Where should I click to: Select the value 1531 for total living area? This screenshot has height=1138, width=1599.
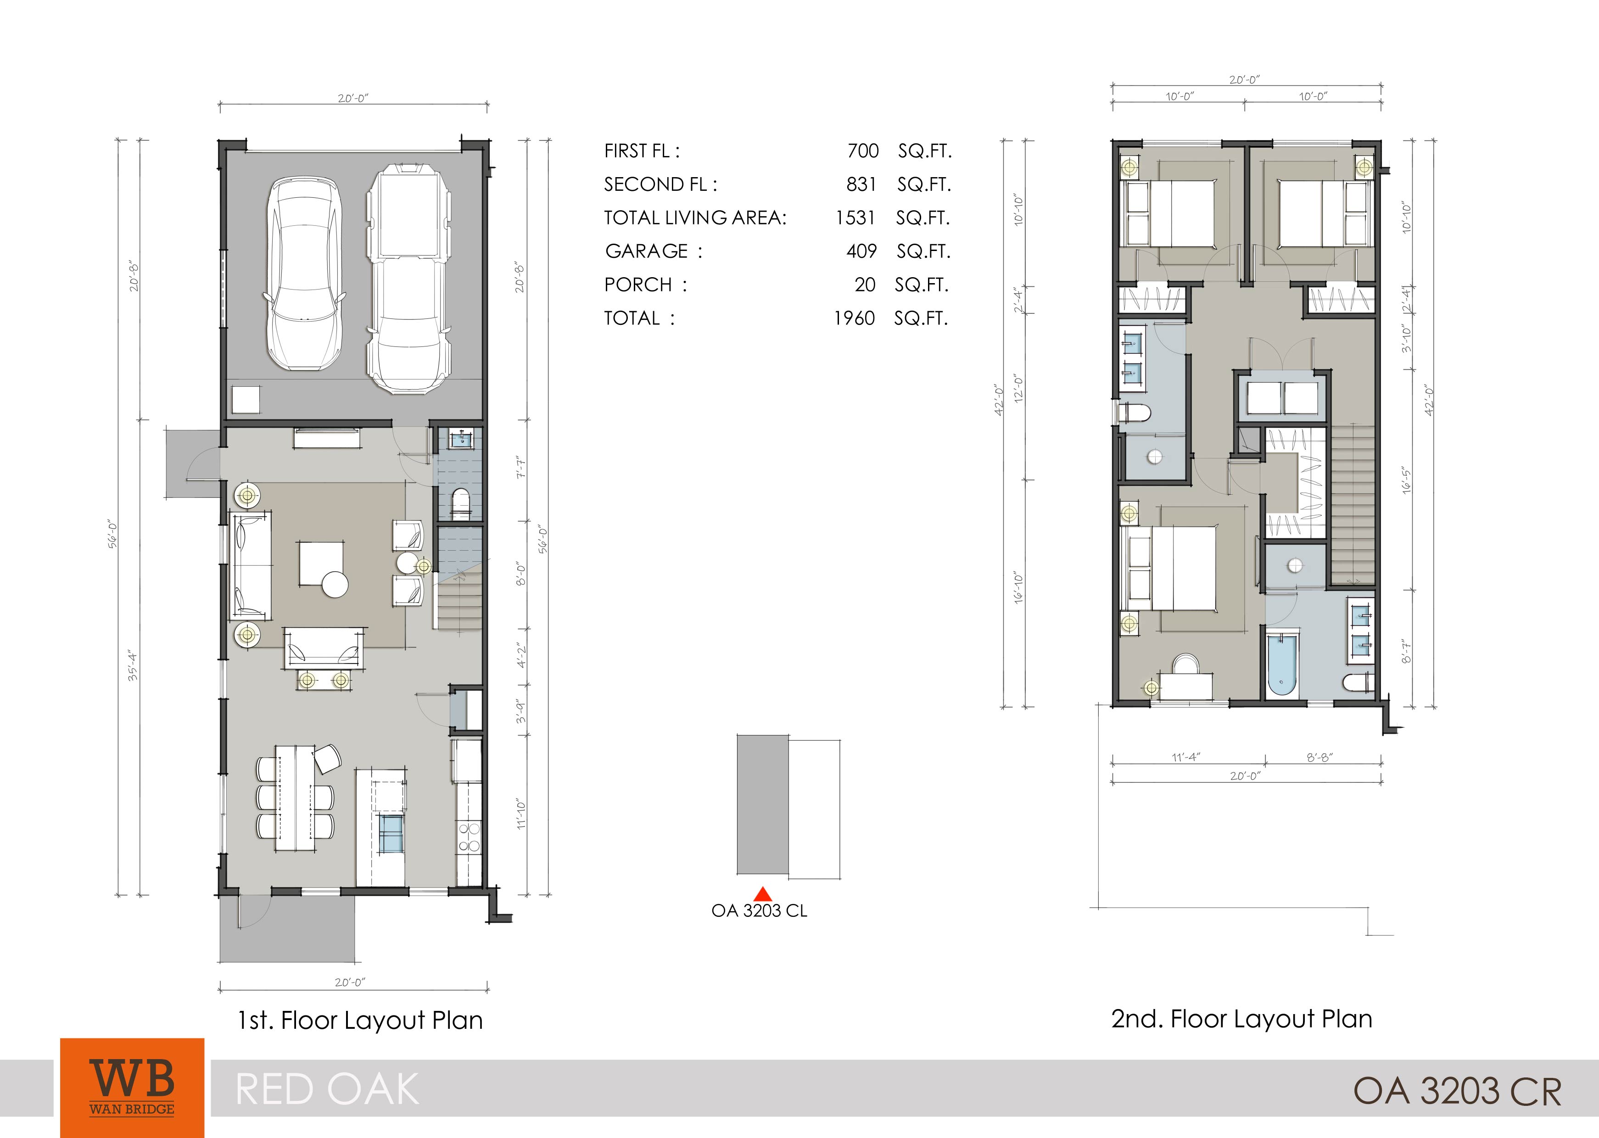pyautogui.click(x=855, y=218)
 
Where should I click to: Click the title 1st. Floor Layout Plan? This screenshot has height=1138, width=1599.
pyautogui.click(x=360, y=1020)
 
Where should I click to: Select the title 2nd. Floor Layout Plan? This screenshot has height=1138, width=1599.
pyautogui.click(x=1241, y=1019)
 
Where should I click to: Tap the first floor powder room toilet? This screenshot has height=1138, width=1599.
pyautogui.click(x=460, y=505)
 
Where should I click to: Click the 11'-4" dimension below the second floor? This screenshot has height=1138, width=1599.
pyautogui.click(x=1186, y=757)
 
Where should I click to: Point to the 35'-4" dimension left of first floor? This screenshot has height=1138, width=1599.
pyautogui.click(x=133, y=666)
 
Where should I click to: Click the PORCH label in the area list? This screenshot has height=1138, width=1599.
pyautogui.click(x=637, y=284)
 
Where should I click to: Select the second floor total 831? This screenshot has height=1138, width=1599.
pyautogui.click(x=861, y=184)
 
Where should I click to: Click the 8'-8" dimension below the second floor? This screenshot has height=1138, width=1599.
pyautogui.click(x=1319, y=757)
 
